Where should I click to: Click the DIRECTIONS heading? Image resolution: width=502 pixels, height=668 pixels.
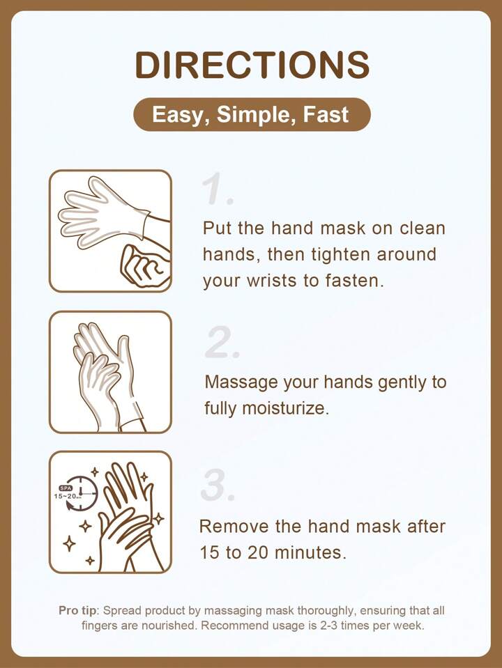pos(252,65)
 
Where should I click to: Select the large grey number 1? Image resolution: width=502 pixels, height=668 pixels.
pos(218,189)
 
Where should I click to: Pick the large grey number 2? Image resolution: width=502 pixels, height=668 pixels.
pos(222,342)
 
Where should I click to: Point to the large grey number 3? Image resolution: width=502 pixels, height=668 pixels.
pos(218,486)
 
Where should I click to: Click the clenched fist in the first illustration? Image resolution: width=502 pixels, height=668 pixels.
pos(146,266)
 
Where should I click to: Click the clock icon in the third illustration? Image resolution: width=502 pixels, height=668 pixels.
pos(81,493)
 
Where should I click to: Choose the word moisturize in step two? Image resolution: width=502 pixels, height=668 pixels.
pos(285,408)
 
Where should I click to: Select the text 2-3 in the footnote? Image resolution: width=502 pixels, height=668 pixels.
pos(328,626)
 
